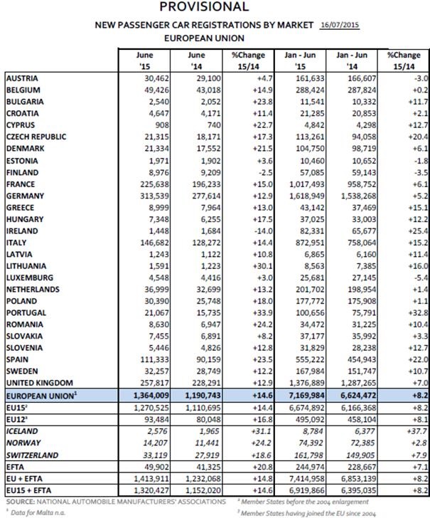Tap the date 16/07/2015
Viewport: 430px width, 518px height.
(340, 24)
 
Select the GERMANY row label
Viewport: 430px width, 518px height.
(26, 195)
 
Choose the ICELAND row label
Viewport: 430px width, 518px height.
(23, 430)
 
